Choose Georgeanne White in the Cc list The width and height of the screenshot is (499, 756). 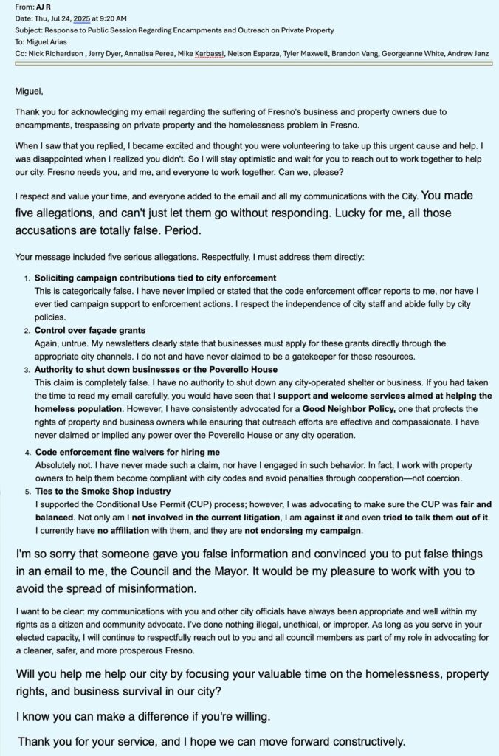399,54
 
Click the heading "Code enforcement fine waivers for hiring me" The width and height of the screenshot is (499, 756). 127,451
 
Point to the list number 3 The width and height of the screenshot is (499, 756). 27,370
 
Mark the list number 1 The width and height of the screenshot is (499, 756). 27,278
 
